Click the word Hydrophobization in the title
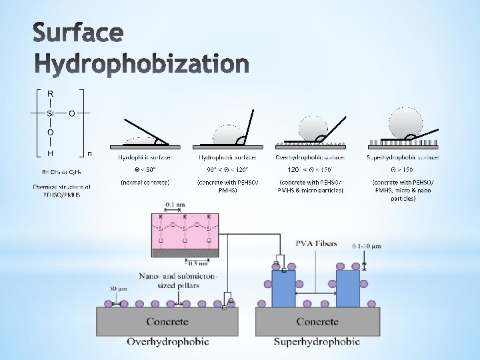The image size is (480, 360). click(x=141, y=65)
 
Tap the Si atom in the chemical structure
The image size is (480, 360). click(x=51, y=113)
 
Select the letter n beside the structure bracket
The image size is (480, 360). click(x=89, y=154)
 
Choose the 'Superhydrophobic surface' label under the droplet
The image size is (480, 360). click(x=403, y=157)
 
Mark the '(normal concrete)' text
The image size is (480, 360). click(x=145, y=182)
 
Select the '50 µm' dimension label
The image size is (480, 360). click(x=117, y=289)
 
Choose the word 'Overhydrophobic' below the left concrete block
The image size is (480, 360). click(x=167, y=342)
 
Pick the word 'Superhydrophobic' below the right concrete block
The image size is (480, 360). click(x=317, y=342)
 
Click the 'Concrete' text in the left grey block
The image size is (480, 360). click(x=167, y=321)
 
